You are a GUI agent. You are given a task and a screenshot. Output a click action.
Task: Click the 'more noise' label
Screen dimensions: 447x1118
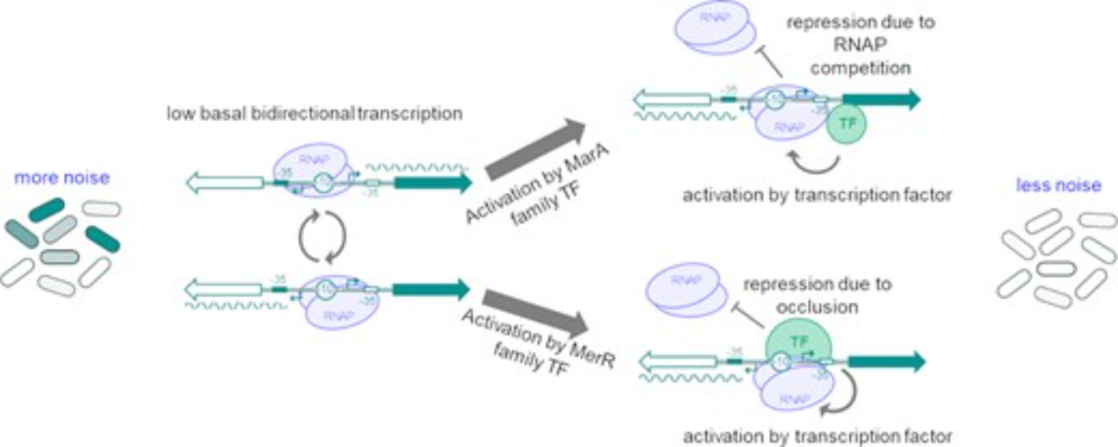pyautogui.click(x=61, y=178)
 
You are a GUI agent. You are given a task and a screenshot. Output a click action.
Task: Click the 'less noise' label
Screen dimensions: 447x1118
pyautogui.click(x=1058, y=185)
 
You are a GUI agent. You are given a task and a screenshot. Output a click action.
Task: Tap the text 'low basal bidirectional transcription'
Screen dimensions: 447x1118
pyautogui.click(x=314, y=113)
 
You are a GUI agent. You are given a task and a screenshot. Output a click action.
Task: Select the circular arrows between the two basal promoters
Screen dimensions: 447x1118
pyautogui.click(x=322, y=236)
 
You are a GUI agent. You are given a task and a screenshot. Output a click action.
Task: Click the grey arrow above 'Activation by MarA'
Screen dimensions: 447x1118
pyautogui.click(x=536, y=149)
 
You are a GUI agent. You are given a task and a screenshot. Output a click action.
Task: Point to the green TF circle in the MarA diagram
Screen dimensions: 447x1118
pyautogui.click(x=846, y=124)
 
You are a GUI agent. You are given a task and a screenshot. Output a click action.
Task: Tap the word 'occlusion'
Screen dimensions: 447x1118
pyautogui.click(x=817, y=307)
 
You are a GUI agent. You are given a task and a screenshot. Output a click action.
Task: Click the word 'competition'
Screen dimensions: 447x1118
pyautogui.click(x=860, y=68)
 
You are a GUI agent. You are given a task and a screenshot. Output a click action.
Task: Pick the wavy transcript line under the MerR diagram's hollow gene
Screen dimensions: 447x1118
pyautogui.click(x=691, y=378)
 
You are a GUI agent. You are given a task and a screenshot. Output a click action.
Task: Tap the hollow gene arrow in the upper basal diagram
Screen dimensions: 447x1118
pyautogui.click(x=225, y=183)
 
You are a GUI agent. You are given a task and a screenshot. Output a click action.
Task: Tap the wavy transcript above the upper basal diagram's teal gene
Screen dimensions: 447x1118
pyautogui.click(x=416, y=167)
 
